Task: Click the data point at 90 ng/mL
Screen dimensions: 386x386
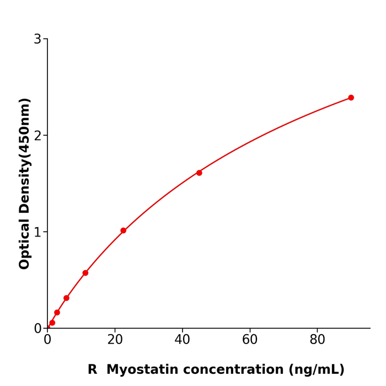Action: [x=351, y=98]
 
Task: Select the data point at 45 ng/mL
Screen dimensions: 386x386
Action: [x=199, y=173]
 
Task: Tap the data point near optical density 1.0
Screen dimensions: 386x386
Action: [x=124, y=230]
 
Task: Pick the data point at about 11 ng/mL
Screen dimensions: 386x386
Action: [x=85, y=273]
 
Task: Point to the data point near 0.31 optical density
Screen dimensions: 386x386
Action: [x=66, y=298]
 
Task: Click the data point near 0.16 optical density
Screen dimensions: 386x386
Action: [x=57, y=313]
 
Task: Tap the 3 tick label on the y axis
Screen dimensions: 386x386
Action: [x=37, y=39]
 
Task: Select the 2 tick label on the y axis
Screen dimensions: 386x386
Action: [x=37, y=136]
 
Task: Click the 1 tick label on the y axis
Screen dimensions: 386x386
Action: [x=37, y=232]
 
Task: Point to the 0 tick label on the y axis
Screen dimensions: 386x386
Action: [x=37, y=329]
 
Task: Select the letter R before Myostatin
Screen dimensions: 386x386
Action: [x=92, y=370]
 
